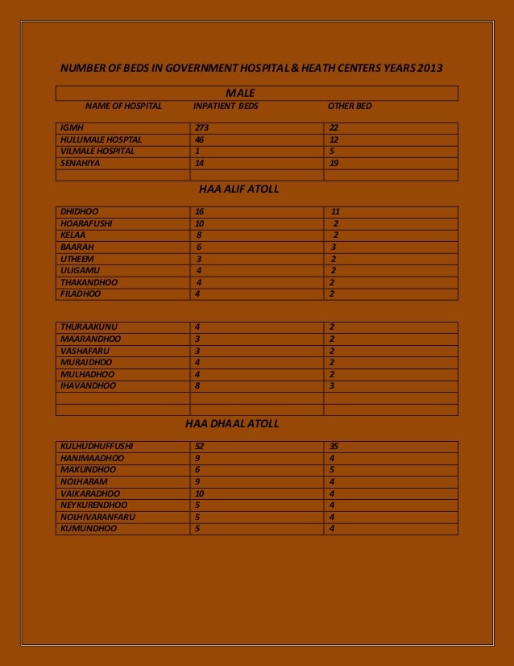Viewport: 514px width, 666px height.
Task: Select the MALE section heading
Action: click(x=240, y=94)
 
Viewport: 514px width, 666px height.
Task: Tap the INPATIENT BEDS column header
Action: click(x=226, y=106)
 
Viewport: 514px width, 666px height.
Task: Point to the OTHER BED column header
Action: click(x=350, y=106)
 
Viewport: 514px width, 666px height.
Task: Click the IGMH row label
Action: click(x=72, y=127)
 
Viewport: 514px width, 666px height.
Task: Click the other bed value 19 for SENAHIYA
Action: click(x=334, y=163)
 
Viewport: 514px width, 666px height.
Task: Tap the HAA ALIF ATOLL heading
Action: click(x=238, y=189)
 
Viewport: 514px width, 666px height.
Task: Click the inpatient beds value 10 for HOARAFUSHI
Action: click(x=200, y=223)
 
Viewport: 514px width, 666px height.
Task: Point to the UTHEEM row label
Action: click(x=77, y=259)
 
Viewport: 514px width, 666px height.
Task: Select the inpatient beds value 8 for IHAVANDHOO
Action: click(x=198, y=386)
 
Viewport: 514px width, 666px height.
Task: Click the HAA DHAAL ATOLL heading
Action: click(x=232, y=423)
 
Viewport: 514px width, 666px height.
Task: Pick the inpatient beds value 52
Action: click(x=200, y=446)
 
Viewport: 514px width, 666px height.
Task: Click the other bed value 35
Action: click(x=334, y=446)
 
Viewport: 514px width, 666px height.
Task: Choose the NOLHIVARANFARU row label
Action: click(x=97, y=517)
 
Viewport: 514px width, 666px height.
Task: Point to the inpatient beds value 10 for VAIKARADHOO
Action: click(x=200, y=493)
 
